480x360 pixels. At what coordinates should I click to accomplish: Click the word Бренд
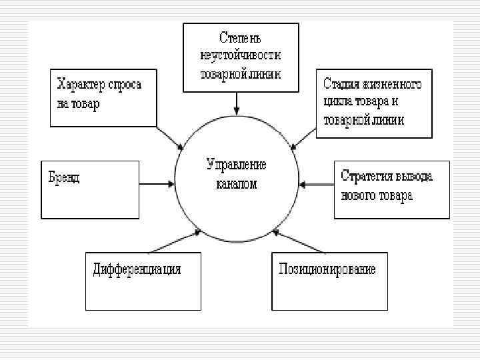[64, 177]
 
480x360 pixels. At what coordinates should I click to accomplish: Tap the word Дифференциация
[137, 269]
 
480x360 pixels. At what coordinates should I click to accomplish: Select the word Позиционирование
[327, 269]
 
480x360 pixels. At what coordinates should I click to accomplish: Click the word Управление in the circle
[237, 165]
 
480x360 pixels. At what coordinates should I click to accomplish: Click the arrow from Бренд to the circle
[156, 183]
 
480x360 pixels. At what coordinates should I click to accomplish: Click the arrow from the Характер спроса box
[171, 138]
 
